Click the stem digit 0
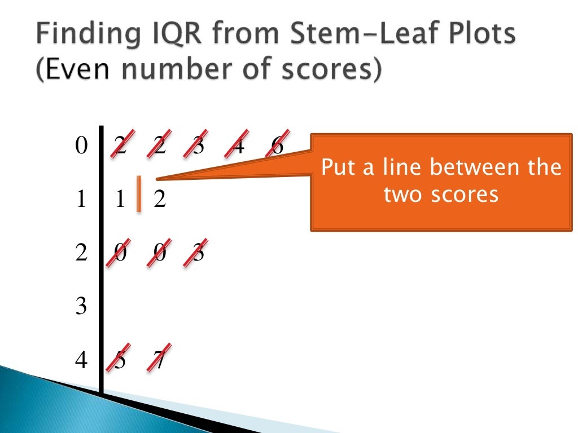pyautogui.click(x=82, y=147)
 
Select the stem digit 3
pyautogui.click(x=82, y=307)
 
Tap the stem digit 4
pyautogui.click(x=82, y=360)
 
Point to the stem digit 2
pyautogui.click(x=82, y=253)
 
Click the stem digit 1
pyautogui.click(x=82, y=200)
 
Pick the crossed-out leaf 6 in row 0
pyautogui.click(x=277, y=146)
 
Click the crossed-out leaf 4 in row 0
pyautogui.click(x=238, y=146)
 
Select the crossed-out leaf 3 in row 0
pyautogui.click(x=198, y=146)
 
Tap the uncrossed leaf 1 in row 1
pyautogui.click(x=120, y=200)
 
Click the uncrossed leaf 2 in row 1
pyautogui.click(x=160, y=200)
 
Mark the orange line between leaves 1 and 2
pyautogui.click(x=138, y=195)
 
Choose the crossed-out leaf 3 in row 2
pyautogui.click(x=198, y=253)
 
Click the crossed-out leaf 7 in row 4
pyautogui.click(x=159, y=360)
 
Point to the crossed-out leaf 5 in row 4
pyautogui.click(x=120, y=360)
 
